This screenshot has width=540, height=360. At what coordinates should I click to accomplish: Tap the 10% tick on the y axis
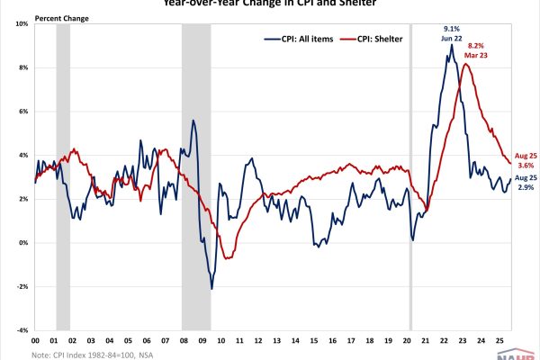22,23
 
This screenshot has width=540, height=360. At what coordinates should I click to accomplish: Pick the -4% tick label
22,330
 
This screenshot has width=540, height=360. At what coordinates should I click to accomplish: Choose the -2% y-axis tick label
22,287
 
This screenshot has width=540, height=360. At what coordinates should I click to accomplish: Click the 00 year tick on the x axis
34,341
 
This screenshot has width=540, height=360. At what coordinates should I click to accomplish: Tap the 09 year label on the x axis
202,341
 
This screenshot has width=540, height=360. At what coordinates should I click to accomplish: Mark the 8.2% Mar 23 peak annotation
475,50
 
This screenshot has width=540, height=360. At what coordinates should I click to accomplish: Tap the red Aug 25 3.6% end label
526,159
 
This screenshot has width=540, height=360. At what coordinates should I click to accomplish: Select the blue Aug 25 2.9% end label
526,185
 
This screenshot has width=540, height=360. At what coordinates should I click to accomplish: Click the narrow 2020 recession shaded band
411,180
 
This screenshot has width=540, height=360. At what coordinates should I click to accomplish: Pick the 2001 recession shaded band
62,180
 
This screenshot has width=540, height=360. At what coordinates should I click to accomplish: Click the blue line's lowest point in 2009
212,288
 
